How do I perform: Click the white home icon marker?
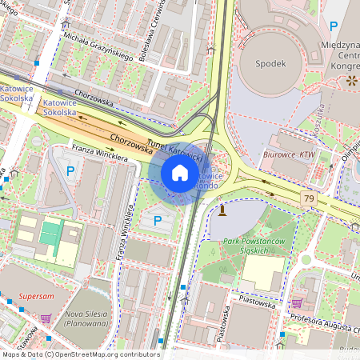coord(180,173)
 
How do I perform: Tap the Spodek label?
coord(269,63)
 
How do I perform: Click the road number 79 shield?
coord(307,197)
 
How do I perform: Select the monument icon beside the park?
coord(222,210)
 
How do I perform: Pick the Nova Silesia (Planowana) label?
coord(86,318)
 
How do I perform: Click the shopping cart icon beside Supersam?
coord(46,318)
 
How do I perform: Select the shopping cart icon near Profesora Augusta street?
coord(297,303)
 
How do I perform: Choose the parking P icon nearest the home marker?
coord(157,219)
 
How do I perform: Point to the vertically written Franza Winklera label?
coord(125,240)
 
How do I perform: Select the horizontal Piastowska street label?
coord(250,304)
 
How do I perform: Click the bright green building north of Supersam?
coord(50,234)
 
